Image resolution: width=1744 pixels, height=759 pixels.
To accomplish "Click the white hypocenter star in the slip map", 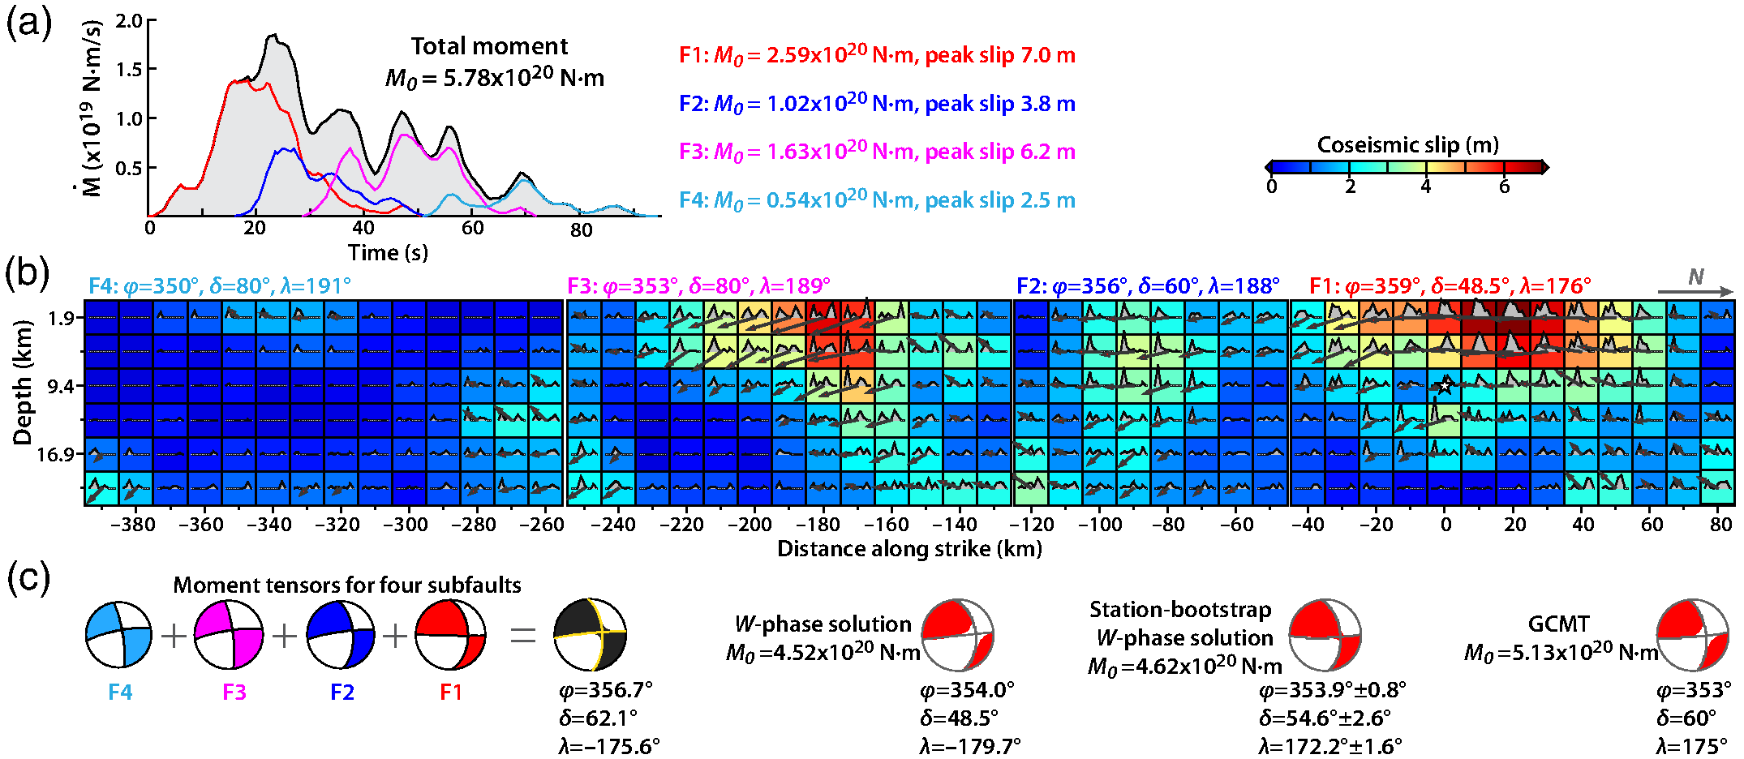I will (x=1445, y=386).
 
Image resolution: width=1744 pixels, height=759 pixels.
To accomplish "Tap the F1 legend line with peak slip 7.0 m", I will (x=877, y=55).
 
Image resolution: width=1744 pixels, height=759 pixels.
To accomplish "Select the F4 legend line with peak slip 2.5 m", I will (x=877, y=200).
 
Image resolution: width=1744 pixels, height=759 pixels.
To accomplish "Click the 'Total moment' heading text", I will (x=489, y=46).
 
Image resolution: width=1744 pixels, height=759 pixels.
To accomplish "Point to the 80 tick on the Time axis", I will (x=581, y=230).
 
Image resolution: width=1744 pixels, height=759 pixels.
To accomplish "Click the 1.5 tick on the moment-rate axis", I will (x=129, y=70).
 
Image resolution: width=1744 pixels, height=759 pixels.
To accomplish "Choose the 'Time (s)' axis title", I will (x=388, y=253).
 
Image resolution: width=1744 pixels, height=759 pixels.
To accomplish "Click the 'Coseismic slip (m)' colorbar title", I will (x=1407, y=145).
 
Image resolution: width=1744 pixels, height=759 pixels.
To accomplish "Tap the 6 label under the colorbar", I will (x=1504, y=187).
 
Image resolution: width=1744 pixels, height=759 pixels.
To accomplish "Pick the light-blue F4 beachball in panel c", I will (x=118, y=635).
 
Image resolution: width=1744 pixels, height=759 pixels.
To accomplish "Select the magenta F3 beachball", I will (x=230, y=635).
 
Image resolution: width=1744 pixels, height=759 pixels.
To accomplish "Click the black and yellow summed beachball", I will (x=590, y=635).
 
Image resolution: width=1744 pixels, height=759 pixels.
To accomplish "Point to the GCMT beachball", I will (x=1692, y=635).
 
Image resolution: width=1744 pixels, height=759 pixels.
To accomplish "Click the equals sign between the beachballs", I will (x=523, y=635).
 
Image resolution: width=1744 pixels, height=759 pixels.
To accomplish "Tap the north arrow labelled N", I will (x=1695, y=284).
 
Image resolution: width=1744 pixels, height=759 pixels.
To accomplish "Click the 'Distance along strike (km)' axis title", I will (x=909, y=549).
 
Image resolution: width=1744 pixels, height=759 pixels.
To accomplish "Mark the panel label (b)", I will (x=28, y=273).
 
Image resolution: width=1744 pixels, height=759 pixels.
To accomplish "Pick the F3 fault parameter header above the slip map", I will (x=698, y=286).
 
